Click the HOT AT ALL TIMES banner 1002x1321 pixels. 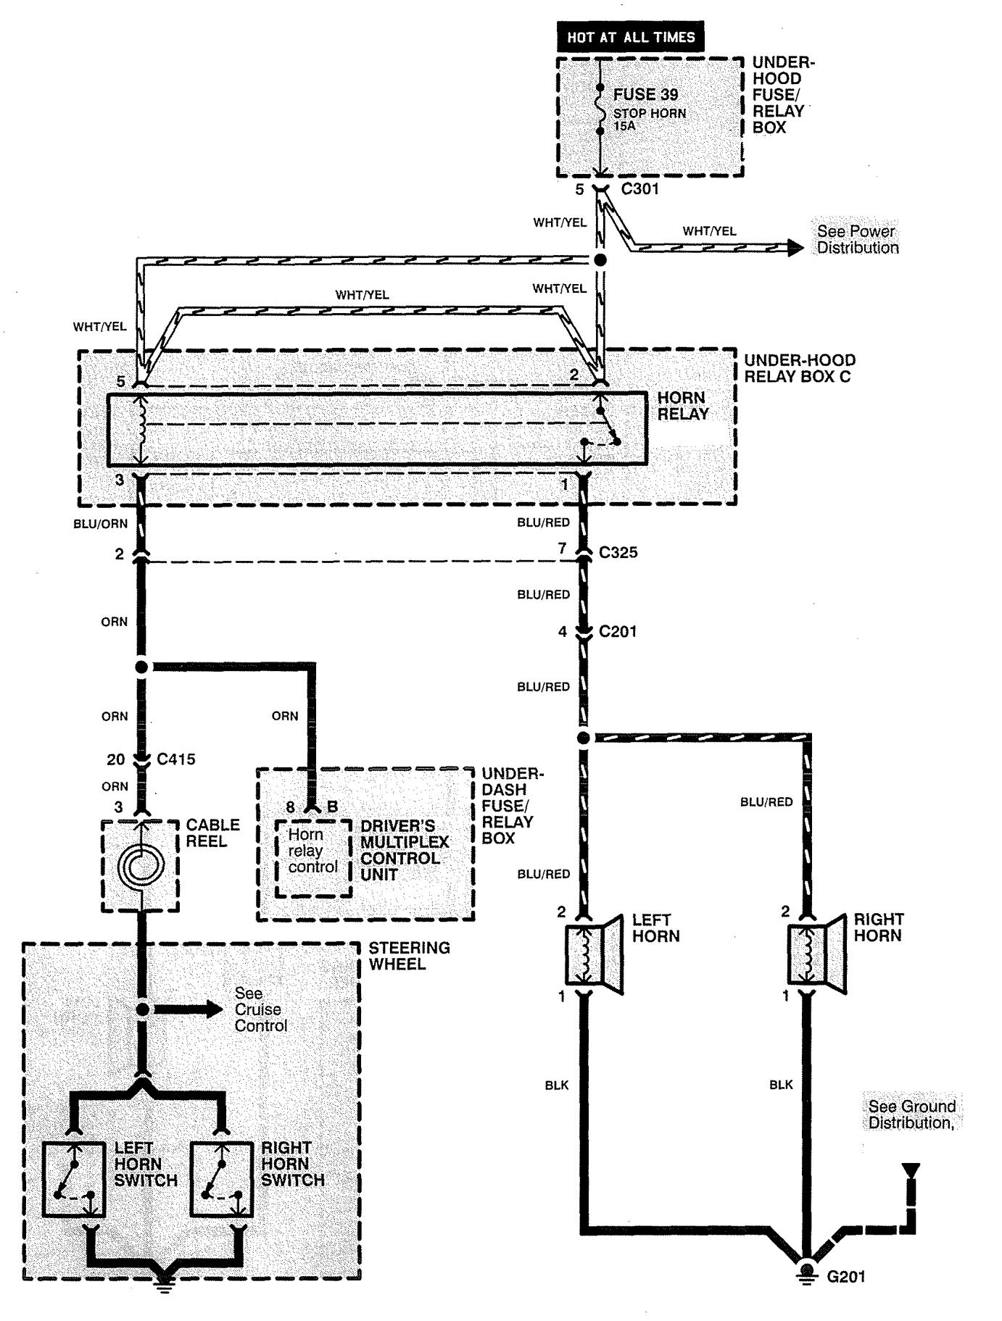tap(631, 37)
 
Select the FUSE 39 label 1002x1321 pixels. tap(645, 95)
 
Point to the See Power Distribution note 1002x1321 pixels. tap(857, 239)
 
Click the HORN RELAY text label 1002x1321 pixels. tap(683, 406)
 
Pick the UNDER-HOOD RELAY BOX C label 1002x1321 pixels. tap(800, 368)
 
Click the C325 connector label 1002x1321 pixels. tap(618, 552)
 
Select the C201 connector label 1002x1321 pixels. tap(618, 631)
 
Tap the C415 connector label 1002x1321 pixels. tap(176, 759)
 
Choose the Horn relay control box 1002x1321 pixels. tap(313, 859)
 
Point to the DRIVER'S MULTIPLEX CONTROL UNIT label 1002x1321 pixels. tap(405, 850)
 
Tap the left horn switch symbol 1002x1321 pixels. tap(74, 1180)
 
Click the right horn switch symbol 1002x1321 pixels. tap(222, 1180)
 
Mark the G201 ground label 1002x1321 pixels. tap(846, 1277)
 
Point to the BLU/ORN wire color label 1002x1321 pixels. tap(100, 523)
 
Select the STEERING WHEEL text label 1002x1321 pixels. tap(409, 956)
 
